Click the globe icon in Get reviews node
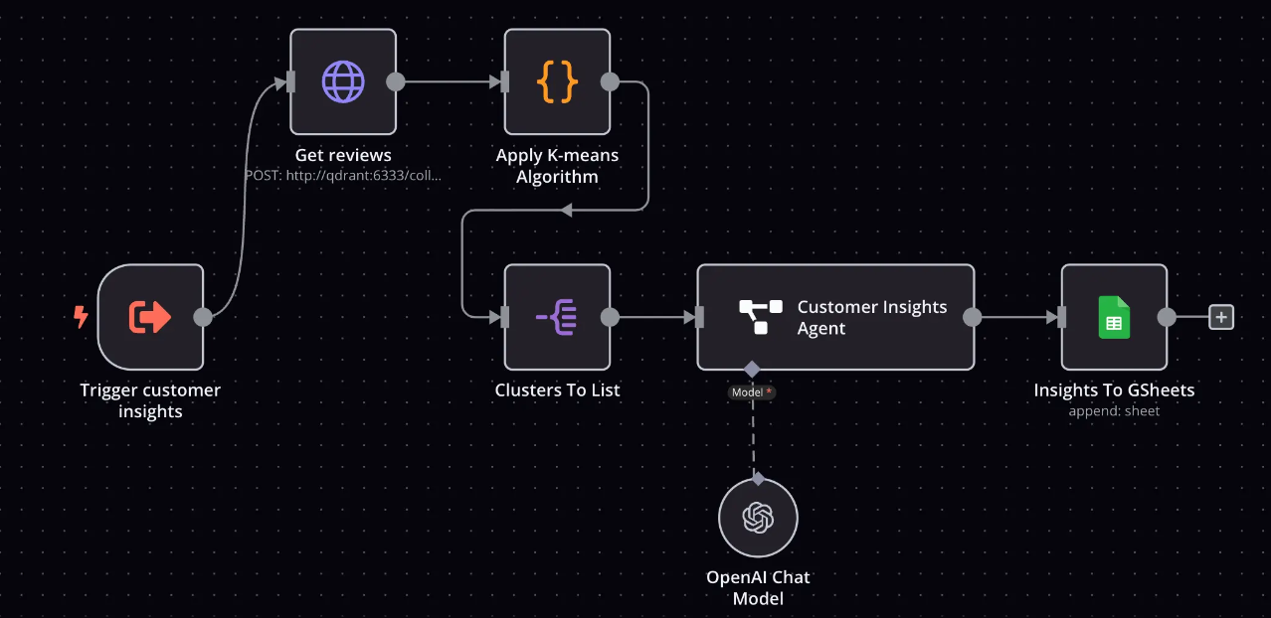pos(343,81)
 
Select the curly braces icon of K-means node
pos(557,81)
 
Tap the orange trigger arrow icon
pos(150,317)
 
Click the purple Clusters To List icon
pos(557,317)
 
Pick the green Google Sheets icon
pos(1114,317)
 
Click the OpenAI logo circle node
pos(758,518)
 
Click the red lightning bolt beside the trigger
pos(81,317)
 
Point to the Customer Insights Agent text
pos(871,318)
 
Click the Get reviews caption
pos(343,155)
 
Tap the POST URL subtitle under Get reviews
pos(343,175)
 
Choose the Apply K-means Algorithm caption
pos(557,166)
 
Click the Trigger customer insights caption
pos(150,400)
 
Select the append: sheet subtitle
pos(1114,410)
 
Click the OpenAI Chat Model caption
pos(758,587)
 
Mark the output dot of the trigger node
pos(203,317)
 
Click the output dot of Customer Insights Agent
pos(973,317)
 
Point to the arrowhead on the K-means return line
pos(566,210)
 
